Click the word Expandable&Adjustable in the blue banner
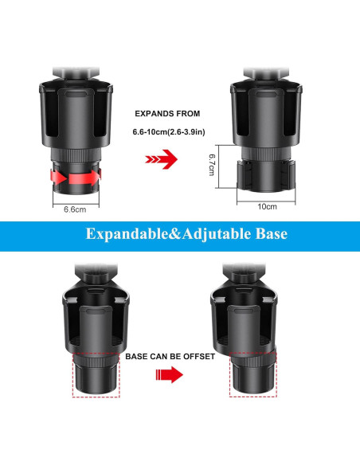(x=155, y=236)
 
